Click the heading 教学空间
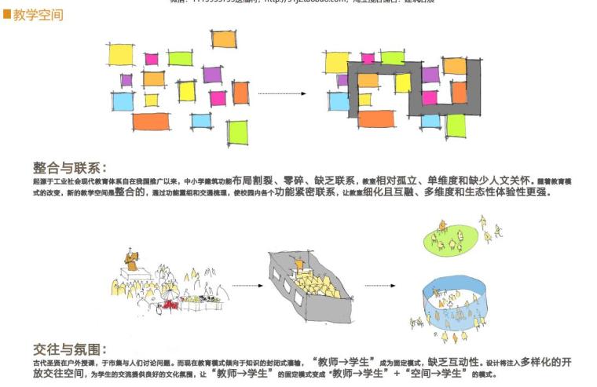pos(38,15)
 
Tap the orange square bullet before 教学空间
pos(6,15)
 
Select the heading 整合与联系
pos(69,168)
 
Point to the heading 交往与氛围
pos(69,349)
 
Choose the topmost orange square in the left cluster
pos(224,38)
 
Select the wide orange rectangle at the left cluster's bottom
pos(151,122)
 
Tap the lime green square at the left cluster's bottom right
pos(237,131)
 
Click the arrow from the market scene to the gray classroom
pos(247,285)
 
